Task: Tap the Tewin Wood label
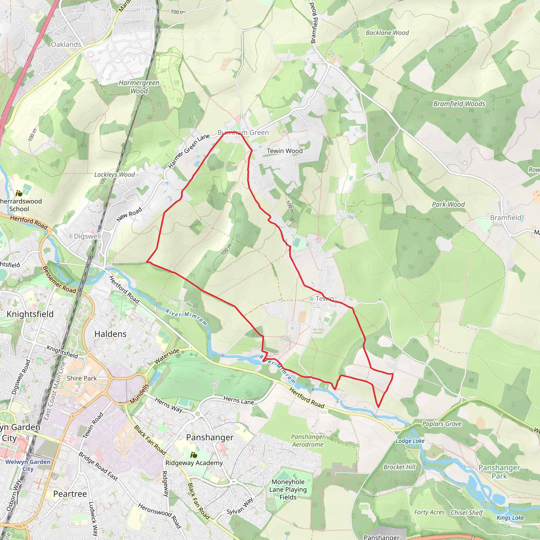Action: pyautogui.click(x=285, y=151)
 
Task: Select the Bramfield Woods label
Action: pyautogui.click(x=459, y=104)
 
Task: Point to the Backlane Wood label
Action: pyautogui.click(x=387, y=33)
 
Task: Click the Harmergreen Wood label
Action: pyautogui.click(x=139, y=87)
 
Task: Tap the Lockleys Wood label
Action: pyautogui.click(x=114, y=175)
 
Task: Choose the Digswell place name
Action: pyautogui.click(x=87, y=236)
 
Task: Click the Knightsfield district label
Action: pyautogui.click(x=30, y=314)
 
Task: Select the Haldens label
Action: pyautogui.click(x=110, y=334)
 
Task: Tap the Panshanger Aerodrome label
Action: pyautogui.click(x=307, y=440)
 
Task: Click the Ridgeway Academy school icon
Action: pyautogui.click(x=194, y=455)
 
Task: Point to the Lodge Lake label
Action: pyautogui.click(x=410, y=441)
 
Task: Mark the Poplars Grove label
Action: pyautogui.click(x=442, y=424)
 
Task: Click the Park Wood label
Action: pyautogui.click(x=448, y=204)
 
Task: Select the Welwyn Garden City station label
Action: pyautogui.click(x=28, y=465)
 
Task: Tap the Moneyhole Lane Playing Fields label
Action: pyautogui.click(x=288, y=489)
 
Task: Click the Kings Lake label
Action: pyautogui.click(x=510, y=517)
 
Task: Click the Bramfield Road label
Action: pyautogui.click(x=314, y=23)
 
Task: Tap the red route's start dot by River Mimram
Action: pyautogui.click(x=264, y=360)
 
